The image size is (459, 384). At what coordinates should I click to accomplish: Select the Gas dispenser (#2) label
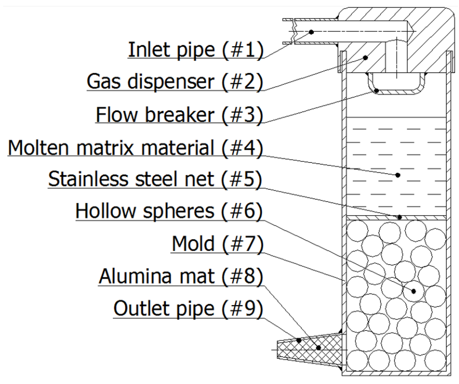click(x=174, y=81)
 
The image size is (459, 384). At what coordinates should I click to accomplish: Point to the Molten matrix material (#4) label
click(x=134, y=147)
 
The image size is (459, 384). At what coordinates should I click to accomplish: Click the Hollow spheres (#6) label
click(x=168, y=210)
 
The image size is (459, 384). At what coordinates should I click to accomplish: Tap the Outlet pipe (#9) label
click(x=187, y=309)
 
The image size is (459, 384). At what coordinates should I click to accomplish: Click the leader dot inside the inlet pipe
click(x=311, y=31)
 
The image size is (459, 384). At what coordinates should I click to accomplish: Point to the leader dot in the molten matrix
click(x=398, y=175)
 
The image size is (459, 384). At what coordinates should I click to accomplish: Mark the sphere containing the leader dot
click(x=413, y=290)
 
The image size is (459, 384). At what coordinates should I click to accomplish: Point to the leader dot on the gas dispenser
click(x=366, y=57)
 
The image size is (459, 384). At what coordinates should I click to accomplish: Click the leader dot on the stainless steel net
click(x=399, y=217)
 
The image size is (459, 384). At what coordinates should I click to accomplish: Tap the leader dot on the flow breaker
click(x=377, y=91)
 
